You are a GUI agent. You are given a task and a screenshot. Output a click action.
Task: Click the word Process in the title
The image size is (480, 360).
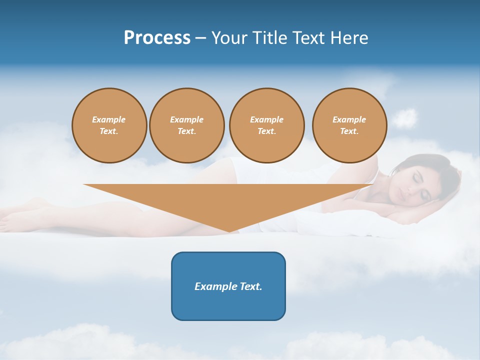[x=157, y=38]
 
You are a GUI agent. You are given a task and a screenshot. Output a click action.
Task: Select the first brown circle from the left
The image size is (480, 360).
[x=109, y=125]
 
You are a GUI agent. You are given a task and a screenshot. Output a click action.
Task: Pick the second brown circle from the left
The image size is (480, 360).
[x=187, y=125]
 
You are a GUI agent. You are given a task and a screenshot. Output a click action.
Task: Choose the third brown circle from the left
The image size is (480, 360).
[x=266, y=125]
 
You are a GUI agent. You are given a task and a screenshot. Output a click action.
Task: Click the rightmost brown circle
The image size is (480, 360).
[x=349, y=125]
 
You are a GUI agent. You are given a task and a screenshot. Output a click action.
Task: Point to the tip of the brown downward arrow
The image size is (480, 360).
[x=229, y=231]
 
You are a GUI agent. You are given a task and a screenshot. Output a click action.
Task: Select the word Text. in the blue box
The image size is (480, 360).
[x=251, y=286]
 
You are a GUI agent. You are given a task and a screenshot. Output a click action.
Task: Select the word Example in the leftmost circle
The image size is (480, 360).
[x=109, y=119]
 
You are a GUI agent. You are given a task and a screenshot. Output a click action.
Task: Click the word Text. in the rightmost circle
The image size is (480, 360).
[x=349, y=131]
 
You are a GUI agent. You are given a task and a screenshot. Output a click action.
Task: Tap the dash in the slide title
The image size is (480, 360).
[x=200, y=38]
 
